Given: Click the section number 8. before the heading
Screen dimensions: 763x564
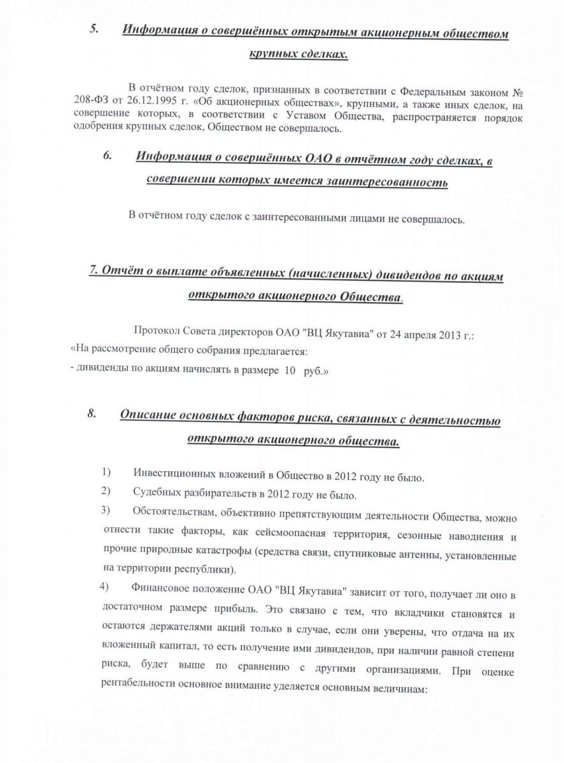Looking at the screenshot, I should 91,413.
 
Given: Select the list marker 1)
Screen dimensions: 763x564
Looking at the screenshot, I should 106,472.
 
